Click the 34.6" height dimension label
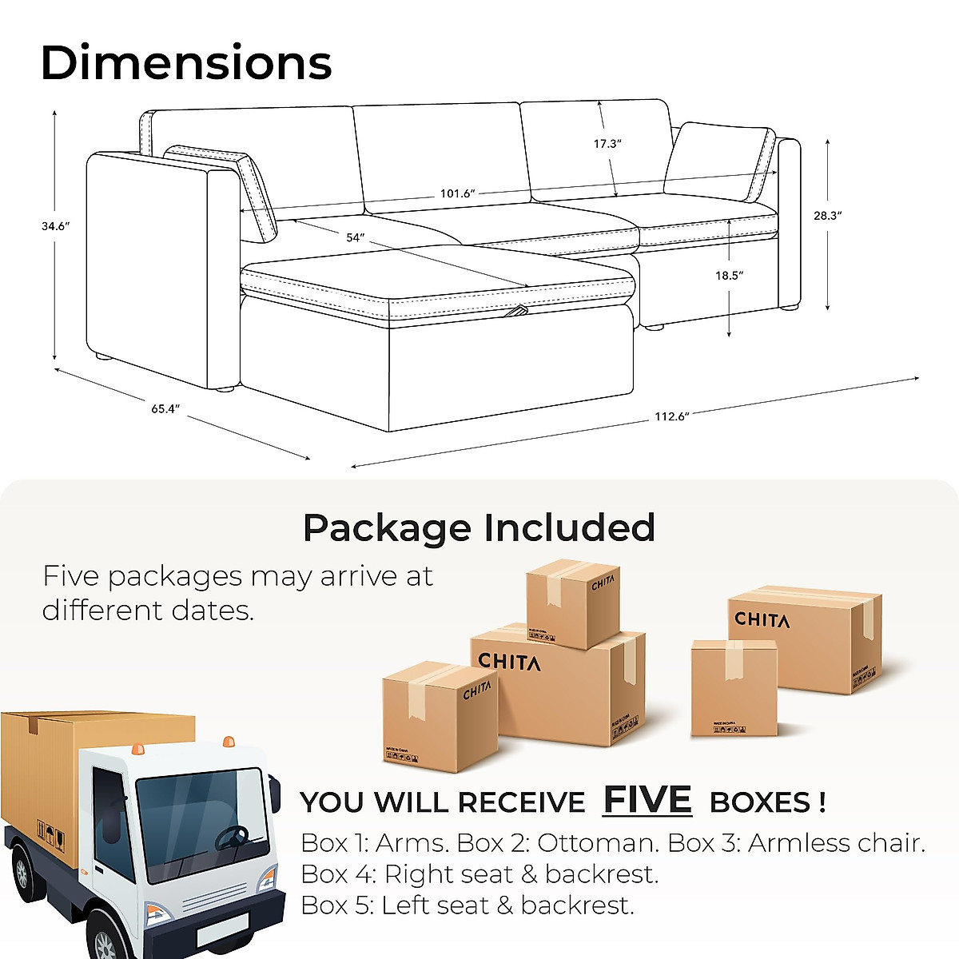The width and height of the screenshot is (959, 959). [55, 226]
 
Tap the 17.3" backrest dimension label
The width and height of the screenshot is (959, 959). [607, 144]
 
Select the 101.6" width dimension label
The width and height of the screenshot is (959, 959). [457, 193]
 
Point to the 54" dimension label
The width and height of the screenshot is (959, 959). [355, 237]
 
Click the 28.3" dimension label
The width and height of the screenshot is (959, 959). [828, 215]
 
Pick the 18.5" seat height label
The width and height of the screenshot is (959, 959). [729, 275]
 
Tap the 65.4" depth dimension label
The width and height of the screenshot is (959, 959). [165, 408]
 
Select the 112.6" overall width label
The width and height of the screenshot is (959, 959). [671, 416]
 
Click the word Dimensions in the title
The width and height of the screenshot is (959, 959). [185, 63]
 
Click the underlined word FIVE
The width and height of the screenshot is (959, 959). [647, 799]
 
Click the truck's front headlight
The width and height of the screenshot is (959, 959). [157, 913]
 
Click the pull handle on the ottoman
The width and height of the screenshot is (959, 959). [519, 311]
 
